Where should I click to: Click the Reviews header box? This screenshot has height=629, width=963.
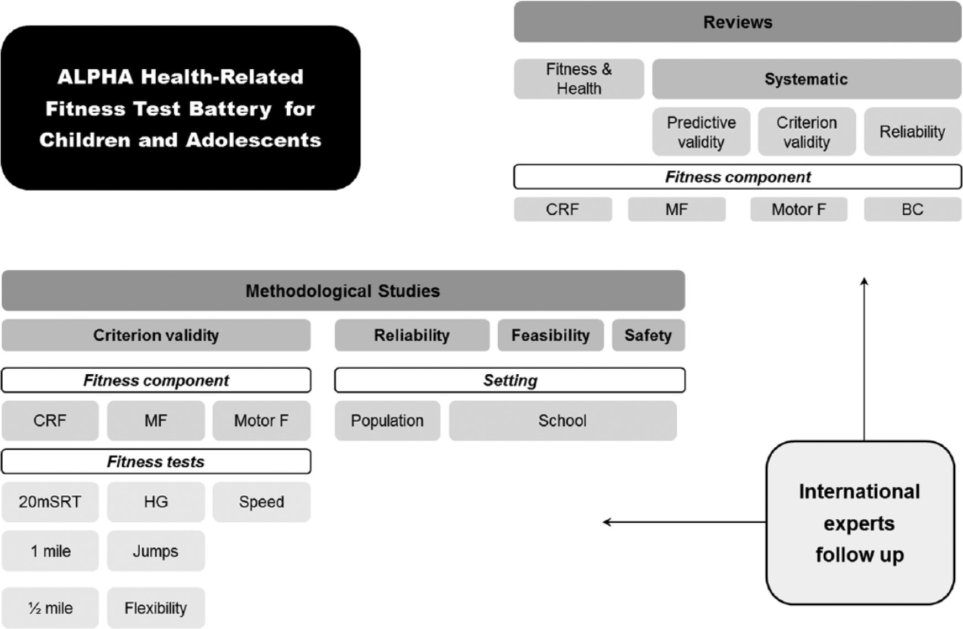tap(738, 22)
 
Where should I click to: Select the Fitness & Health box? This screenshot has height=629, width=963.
tap(578, 79)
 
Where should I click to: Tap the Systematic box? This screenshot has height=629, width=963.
tap(807, 79)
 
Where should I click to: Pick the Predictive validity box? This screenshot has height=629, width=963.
tap(701, 132)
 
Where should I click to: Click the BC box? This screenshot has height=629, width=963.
tap(913, 209)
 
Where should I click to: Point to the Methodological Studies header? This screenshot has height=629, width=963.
tap(343, 291)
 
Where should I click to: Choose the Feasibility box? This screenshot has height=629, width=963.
tap(550, 335)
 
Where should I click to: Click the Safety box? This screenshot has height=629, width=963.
tap(648, 335)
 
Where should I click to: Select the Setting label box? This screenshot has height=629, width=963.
tap(510, 380)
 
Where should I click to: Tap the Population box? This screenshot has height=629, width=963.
tap(387, 421)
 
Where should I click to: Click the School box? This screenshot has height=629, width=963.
tap(562, 421)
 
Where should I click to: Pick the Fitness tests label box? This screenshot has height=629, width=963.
tap(156, 462)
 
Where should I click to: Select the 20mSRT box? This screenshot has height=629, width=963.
tap(50, 502)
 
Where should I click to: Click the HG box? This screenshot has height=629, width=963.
tap(156, 502)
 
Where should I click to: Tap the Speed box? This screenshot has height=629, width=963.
tap(261, 502)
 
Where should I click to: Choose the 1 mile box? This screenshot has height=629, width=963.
tap(50, 551)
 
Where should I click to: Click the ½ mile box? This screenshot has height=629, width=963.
tap(50, 608)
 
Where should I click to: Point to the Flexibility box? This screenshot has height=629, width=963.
tap(156, 608)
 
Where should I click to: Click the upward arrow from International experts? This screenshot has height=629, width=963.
tap(864, 359)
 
